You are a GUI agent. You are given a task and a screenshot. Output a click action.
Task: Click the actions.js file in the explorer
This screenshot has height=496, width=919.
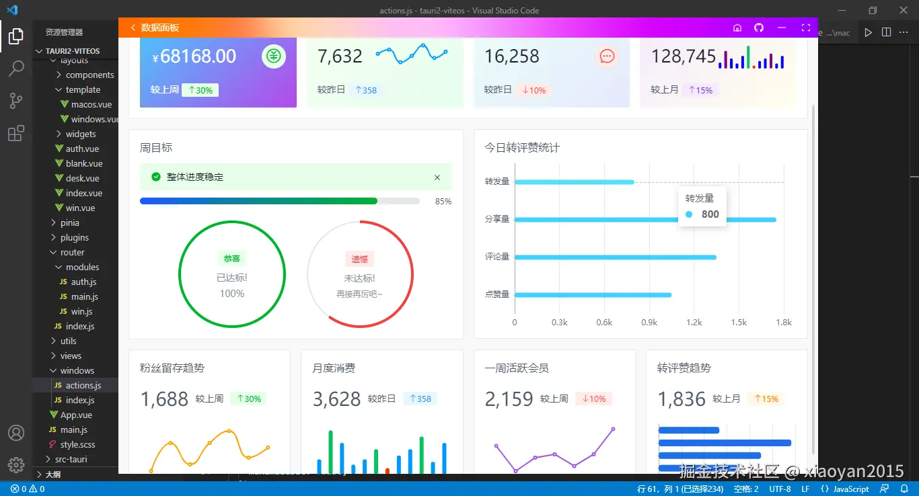[83, 385]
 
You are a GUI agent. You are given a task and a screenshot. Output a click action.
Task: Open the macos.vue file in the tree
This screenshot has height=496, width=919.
[91, 104]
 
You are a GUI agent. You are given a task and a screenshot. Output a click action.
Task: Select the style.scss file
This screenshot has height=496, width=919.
[77, 444]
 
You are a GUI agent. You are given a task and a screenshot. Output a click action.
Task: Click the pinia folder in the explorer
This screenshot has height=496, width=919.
[69, 222]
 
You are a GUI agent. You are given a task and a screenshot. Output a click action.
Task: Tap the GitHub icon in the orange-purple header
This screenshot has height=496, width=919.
[759, 28]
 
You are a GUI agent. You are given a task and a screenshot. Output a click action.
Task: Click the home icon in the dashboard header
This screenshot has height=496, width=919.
[737, 28]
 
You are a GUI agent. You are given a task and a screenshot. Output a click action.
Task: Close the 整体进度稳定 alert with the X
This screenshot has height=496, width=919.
[437, 177]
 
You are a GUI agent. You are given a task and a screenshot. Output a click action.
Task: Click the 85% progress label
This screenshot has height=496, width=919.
[443, 201]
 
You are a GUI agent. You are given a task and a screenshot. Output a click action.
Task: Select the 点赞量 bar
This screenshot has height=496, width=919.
[593, 294]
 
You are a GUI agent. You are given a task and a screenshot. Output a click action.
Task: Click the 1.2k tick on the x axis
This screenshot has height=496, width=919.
[694, 323]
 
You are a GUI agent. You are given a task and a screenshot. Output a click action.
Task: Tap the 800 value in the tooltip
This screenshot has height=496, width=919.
[710, 214]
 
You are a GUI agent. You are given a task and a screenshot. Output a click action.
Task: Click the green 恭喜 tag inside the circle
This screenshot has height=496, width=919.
[231, 259]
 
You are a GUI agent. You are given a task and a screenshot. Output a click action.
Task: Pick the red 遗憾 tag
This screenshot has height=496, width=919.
[360, 259]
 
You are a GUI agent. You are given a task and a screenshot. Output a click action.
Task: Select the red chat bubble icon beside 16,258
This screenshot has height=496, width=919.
[607, 56]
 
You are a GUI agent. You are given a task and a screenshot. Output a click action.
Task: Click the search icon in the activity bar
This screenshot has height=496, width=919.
[16, 68]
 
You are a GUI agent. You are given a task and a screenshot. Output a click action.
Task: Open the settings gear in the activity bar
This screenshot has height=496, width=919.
[16, 464]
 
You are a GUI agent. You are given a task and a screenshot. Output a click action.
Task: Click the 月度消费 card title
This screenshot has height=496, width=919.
[334, 368]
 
